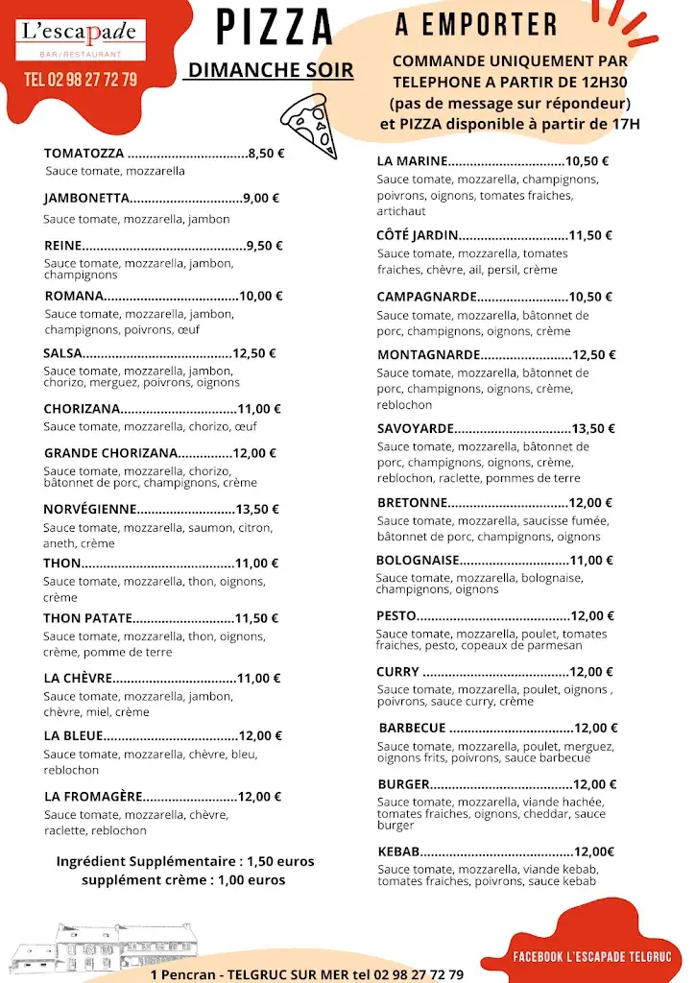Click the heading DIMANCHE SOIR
pos(271,70)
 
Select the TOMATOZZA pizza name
pos(84,153)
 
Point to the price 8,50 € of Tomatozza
pos(266,153)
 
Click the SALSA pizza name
pos(63,353)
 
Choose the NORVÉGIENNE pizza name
pos(90,510)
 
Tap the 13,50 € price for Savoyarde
pos(593,429)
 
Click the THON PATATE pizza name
pos(87,618)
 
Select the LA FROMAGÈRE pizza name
pos(94,797)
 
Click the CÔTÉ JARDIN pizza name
pos(418,235)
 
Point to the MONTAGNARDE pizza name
pos(428,355)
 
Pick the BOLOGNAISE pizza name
pos(418,561)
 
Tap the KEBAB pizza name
pos(399,851)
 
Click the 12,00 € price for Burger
pos(595,784)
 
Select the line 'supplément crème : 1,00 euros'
pos(183,880)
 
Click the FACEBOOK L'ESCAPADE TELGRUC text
pos(592,957)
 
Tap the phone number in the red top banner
pos(81,80)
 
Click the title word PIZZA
pos(275,28)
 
